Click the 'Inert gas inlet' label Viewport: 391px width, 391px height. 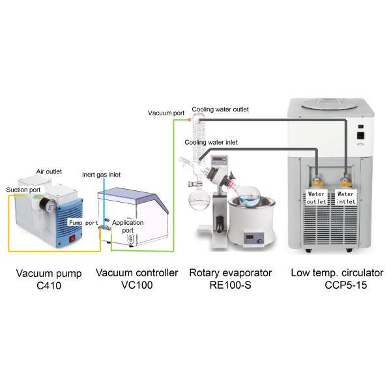(x=101, y=175)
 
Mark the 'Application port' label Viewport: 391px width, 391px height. (x=128, y=226)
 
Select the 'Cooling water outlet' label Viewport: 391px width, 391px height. (x=220, y=109)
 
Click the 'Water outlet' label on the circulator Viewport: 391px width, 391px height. (x=317, y=197)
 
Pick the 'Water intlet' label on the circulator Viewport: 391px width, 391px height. (x=345, y=197)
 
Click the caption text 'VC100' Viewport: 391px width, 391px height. (x=136, y=284)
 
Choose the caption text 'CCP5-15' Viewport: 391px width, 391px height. (x=345, y=285)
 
